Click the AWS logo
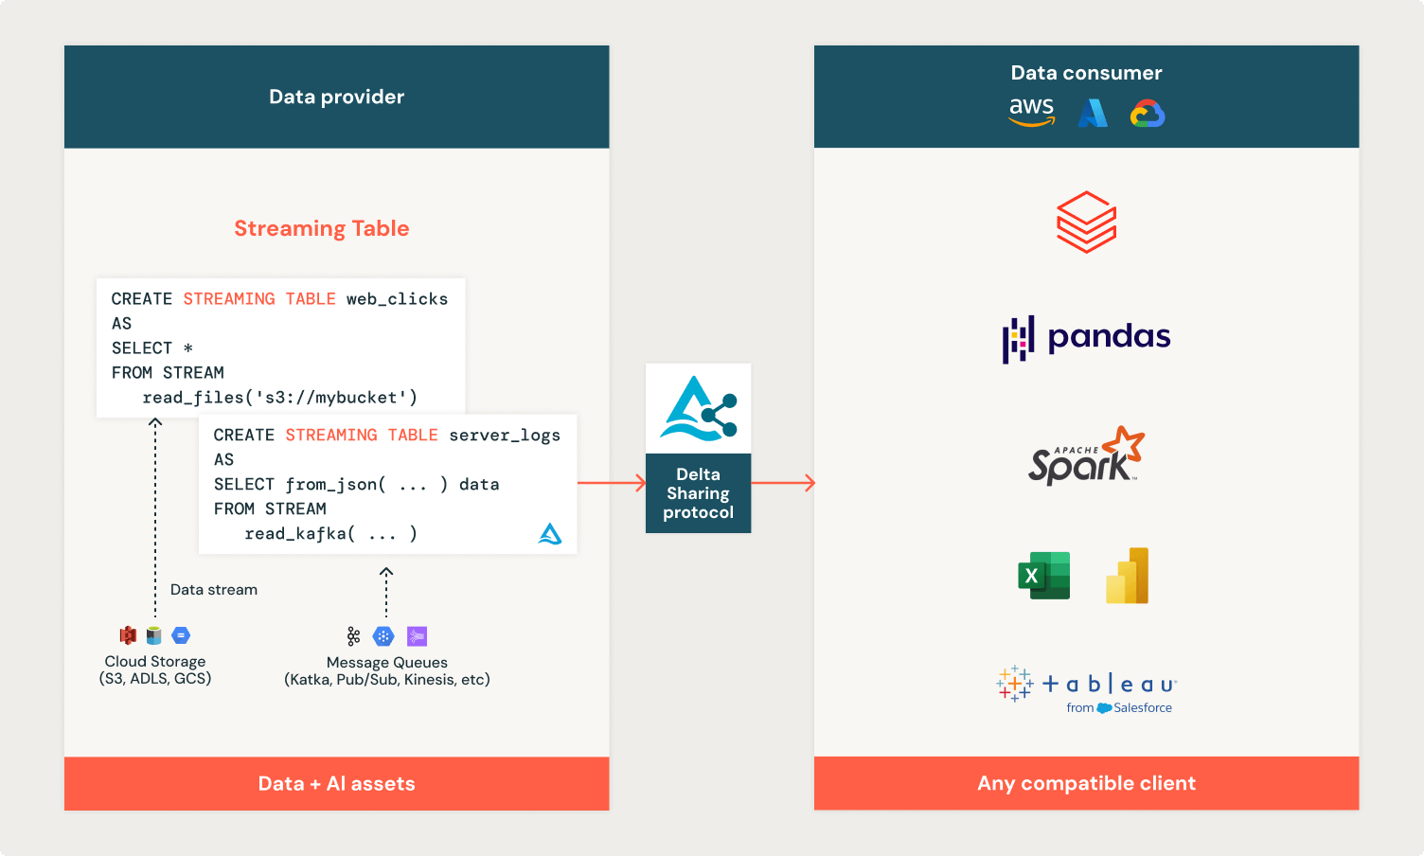point(1031,112)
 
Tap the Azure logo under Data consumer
point(1093,114)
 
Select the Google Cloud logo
point(1148,114)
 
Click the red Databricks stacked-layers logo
point(1086,222)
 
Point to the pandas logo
point(1086,338)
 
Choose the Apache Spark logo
point(1086,456)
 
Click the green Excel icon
point(1043,576)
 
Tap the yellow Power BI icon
point(1127,576)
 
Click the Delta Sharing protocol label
point(698,493)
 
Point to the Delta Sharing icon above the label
point(698,409)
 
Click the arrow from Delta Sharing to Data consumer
point(782,483)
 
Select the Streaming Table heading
point(322,228)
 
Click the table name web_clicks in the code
point(397,299)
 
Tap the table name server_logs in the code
point(505,436)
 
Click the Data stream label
point(214,590)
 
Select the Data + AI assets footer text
point(336,784)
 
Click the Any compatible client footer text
point(1086,784)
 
